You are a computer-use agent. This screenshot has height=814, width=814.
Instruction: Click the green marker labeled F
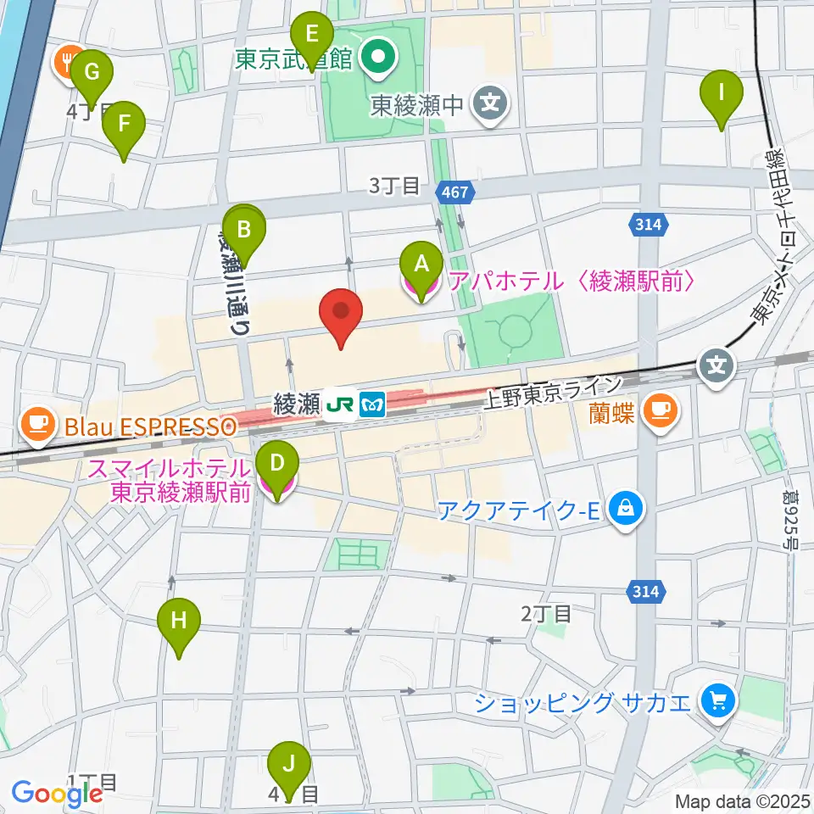point(124,125)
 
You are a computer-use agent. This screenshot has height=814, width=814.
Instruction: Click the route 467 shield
point(454,192)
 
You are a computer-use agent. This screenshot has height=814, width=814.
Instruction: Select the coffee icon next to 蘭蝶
point(659,410)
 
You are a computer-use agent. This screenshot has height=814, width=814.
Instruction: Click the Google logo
point(57,794)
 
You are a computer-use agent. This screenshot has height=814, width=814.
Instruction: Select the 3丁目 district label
point(394,187)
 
